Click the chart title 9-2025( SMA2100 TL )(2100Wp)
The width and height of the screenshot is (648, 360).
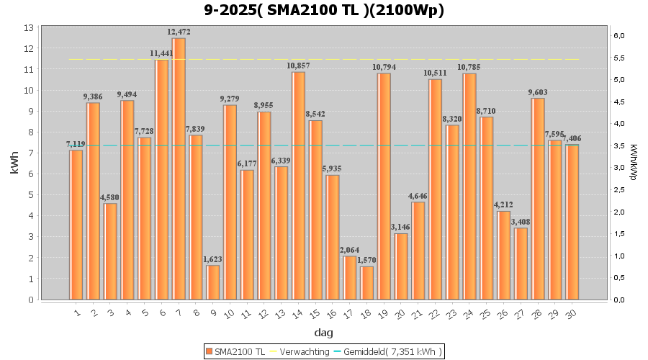pos(323,10)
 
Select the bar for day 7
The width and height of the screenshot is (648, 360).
pos(179,169)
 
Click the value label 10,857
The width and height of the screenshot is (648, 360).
pos(298,66)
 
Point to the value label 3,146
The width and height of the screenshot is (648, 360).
pos(401,227)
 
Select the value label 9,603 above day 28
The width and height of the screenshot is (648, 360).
pos(538,92)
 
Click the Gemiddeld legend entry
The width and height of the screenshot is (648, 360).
pos(387,351)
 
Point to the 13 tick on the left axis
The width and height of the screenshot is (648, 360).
pos(29,27)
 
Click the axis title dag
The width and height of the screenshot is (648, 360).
pos(323,332)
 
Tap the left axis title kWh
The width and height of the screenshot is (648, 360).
pos(14,163)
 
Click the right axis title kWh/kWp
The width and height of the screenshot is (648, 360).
pos(633,163)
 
